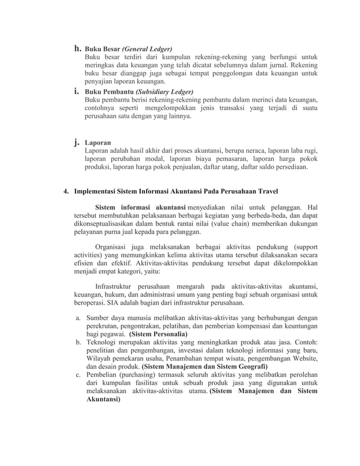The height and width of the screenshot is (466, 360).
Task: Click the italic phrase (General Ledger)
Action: [147, 49]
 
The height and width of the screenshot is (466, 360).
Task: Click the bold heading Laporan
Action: [98, 143]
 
